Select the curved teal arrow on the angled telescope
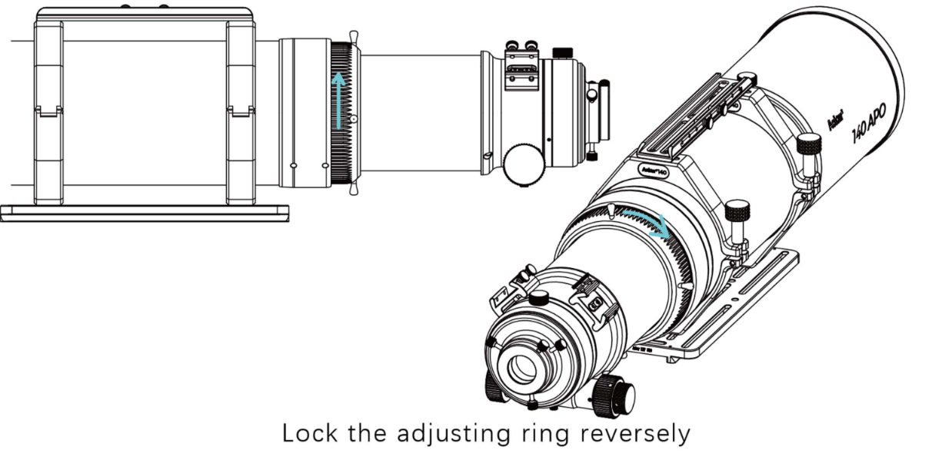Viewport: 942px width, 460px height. pyautogui.click(x=647, y=220)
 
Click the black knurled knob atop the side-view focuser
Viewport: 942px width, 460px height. pyautogui.click(x=563, y=52)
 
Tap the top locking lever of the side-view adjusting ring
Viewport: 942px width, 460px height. pyautogui.click(x=354, y=38)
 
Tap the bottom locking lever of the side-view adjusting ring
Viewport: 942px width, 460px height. pyautogui.click(x=354, y=190)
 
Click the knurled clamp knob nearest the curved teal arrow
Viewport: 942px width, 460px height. pyautogui.click(x=737, y=211)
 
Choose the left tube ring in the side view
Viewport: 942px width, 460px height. pyautogui.click(x=48, y=111)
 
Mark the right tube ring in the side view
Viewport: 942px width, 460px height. pyautogui.click(x=240, y=111)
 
